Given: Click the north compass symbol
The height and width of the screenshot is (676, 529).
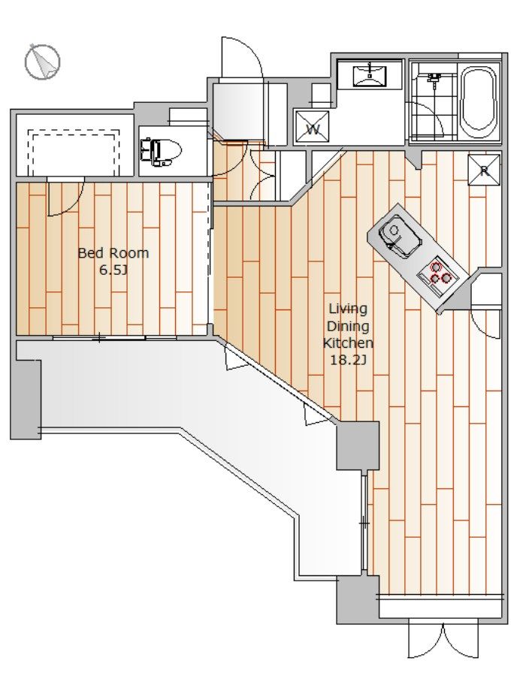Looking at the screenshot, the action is coord(42,62).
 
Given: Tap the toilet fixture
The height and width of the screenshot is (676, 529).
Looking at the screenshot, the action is coord(160,152).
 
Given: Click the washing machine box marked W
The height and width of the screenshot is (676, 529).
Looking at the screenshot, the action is coord(313,128).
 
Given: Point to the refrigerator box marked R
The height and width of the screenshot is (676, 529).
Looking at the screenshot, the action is coord(485,171).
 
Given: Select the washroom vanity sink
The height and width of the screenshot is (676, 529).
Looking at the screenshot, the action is coord(370,76).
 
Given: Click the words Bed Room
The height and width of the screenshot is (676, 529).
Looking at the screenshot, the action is coord(113,253).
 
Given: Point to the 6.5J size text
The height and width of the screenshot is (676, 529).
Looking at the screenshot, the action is coord(113,270).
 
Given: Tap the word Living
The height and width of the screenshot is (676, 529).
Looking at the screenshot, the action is coord(348,309).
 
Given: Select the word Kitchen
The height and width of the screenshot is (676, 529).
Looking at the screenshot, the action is coord(348,343).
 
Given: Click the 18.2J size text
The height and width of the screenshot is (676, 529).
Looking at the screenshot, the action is coord(348,360).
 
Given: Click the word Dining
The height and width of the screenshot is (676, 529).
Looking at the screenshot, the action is coord(348,327).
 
